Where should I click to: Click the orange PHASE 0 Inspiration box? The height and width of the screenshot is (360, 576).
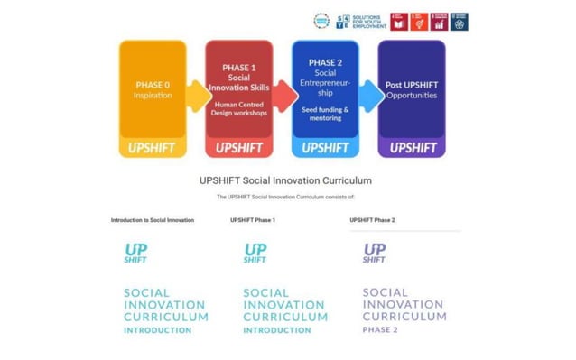pyautogui.click(x=153, y=90)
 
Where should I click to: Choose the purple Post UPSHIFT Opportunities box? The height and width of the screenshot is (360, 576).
pyautogui.click(x=411, y=90)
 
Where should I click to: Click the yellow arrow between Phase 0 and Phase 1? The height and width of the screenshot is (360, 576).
pyautogui.click(x=196, y=92)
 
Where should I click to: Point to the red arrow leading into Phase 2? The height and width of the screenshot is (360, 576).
pyautogui.click(x=283, y=92)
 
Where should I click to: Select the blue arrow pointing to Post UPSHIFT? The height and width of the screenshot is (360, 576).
pyautogui.click(x=368, y=92)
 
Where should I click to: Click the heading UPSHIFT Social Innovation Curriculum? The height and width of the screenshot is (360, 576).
pyautogui.click(x=285, y=180)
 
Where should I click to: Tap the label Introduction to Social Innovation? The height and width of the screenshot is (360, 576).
pyautogui.click(x=153, y=220)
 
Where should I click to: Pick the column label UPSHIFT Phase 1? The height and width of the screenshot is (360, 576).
pyautogui.click(x=253, y=220)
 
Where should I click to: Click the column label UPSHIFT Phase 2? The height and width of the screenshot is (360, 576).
pyautogui.click(x=372, y=220)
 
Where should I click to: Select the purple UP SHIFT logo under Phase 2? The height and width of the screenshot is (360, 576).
pyautogui.click(x=375, y=253)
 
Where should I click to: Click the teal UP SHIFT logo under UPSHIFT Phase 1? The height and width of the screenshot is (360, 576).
pyautogui.click(x=255, y=253)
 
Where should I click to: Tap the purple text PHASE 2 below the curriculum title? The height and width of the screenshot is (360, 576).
pyautogui.click(x=380, y=330)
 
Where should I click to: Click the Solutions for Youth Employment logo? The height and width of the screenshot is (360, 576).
pyautogui.click(x=359, y=22)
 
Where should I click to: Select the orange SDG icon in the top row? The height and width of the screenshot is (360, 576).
pyautogui.click(x=419, y=22)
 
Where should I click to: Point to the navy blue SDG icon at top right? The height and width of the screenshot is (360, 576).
pyautogui.click(x=459, y=22)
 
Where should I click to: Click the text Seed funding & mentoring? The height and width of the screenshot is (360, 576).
pyautogui.click(x=325, y=114)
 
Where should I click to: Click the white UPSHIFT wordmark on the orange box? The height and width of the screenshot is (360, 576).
pyautogui.click(x=153, y=147)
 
